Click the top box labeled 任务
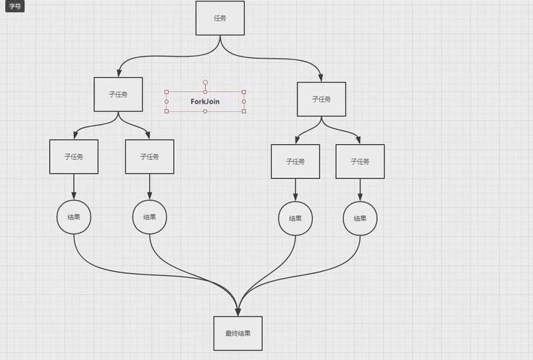[220, 18]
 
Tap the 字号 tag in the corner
[15, 6]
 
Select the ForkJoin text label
[205, 102]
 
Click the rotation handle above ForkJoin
[206, 82]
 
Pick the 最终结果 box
[238, 333]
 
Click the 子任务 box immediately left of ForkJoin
[118, 94]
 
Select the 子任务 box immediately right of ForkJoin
[322, 99]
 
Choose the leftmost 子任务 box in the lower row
[74, 156]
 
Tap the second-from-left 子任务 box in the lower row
[150, 156]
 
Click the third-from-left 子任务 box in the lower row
[295, 162]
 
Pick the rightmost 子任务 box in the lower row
[360, 162]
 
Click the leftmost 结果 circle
[74, 217]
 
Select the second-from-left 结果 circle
[150, 217]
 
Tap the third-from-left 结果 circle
[295, 219]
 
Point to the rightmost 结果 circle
[360, 219]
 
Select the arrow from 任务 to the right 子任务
[290, 61]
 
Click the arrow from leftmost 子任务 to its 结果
[74, 187]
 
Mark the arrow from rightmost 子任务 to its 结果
[360, 190]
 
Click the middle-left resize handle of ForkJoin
[167, 102]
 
